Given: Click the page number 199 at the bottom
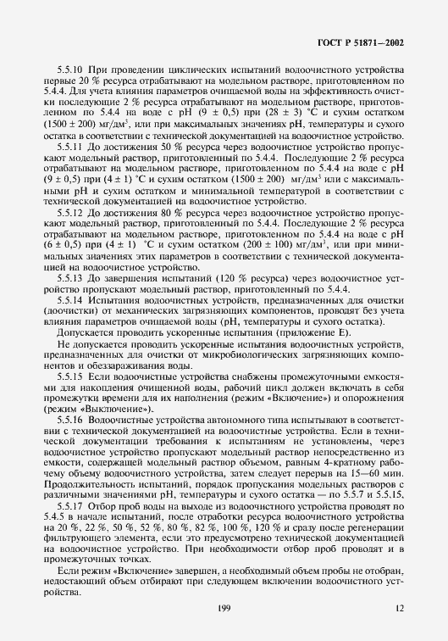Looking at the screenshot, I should pos(224,608).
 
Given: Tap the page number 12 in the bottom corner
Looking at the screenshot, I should pos(400,608).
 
